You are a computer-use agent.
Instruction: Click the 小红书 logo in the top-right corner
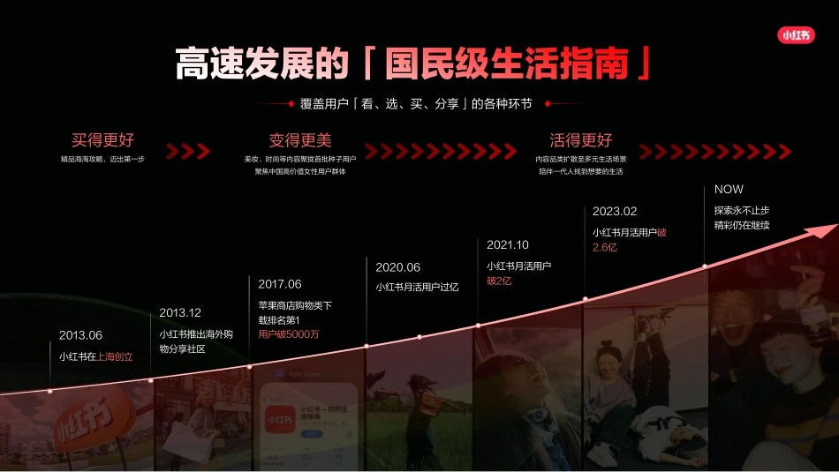tap(796, 36)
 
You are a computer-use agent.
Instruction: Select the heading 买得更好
tap(103, 140)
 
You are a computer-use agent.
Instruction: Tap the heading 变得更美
tap(300, 140)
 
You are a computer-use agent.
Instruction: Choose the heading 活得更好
tap(580, 140)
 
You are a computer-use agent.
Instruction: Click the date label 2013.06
tap(80, 335)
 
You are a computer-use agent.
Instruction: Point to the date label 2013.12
tap(180, 312)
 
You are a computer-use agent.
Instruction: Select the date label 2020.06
tap(397, 267)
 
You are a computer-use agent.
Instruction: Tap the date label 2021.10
tap(507, 244)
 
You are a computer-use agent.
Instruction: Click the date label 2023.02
tap(614, 212)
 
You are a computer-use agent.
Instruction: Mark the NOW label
tap(729, 190)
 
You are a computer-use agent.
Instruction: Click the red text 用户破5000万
tap(289, 334)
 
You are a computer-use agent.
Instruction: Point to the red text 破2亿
tap(499, 281)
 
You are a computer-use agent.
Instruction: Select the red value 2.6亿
tap(605, 248)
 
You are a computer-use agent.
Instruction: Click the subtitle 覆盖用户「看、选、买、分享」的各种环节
tap(415, 104)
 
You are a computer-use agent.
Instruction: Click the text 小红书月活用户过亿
tap(417, 288)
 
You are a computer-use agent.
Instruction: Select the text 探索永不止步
tap(742, 210)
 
